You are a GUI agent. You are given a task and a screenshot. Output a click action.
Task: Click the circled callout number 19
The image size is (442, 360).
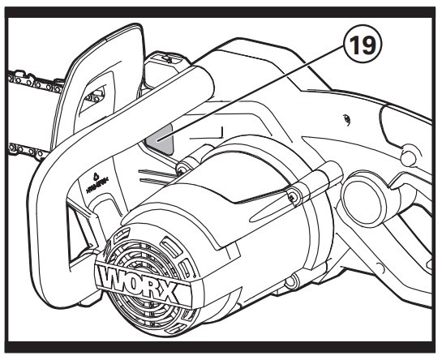click(363, 45)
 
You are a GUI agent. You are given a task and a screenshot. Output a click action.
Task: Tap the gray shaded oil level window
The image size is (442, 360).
click(159, 139)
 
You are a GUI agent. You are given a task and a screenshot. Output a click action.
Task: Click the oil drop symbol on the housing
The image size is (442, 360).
click(96, 177)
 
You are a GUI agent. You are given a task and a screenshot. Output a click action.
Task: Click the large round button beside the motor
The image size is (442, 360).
click(363, 196)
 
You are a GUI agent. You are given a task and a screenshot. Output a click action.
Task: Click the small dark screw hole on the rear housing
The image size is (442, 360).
click(346, 118)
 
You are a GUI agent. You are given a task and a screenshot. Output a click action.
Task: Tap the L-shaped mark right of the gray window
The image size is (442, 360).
click(207, 134)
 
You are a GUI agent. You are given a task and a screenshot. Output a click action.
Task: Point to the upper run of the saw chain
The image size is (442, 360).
click(34, 83)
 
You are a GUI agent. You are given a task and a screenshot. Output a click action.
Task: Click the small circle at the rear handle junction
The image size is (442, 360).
click(408, 155)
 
